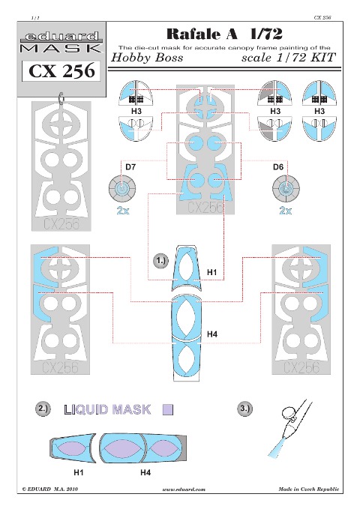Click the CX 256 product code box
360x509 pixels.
pos(61,71)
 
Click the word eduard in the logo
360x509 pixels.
pos(61,37)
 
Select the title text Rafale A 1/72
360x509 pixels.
pos(224,34)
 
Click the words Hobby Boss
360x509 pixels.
pos(147,58)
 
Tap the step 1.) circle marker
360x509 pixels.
pos(160,262)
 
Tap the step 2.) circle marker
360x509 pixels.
pos(43,409)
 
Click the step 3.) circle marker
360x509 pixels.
pos(244,409)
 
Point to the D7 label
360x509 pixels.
pos(130,167)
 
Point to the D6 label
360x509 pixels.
pos(278,167)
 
